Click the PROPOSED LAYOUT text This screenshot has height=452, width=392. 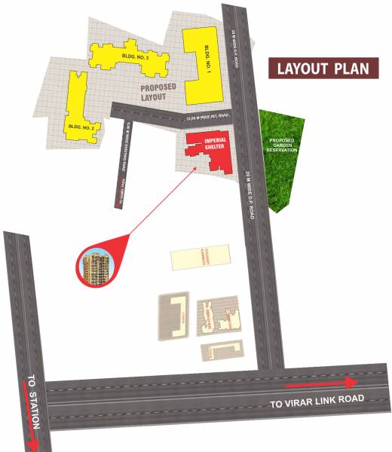[x=159, y=93]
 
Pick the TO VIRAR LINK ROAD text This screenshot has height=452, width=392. [x=317, y=400]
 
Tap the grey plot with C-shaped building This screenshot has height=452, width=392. [x=175, y=316]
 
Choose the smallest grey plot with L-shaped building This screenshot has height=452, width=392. [x=223, y=350]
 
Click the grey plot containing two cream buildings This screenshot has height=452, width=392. [x=219, y=317]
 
